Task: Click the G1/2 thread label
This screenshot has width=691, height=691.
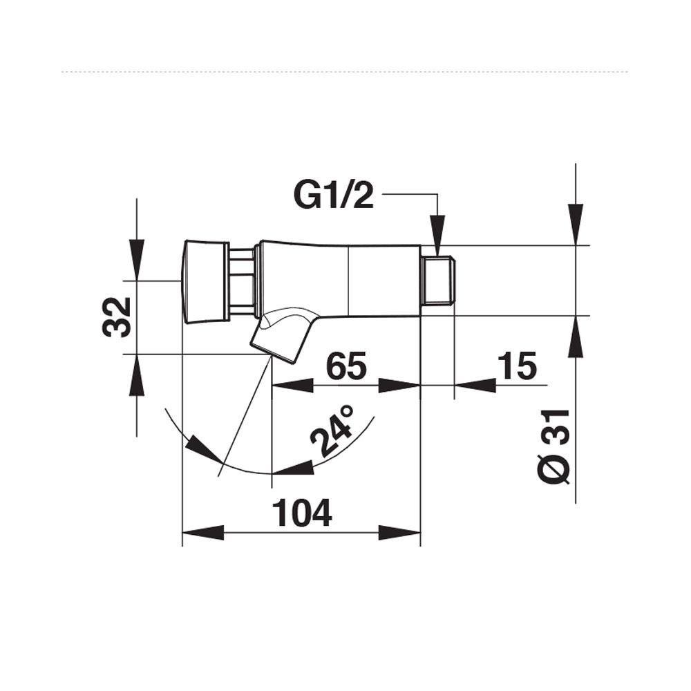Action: pos(334,196)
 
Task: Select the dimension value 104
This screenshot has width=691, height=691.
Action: pos(303,513)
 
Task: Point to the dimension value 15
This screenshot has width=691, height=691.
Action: pos(515,366)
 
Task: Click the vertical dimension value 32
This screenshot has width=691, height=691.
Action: pos(117,316)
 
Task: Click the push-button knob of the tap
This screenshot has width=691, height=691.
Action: pos(205,281)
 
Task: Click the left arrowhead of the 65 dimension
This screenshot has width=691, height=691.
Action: pos(293,386)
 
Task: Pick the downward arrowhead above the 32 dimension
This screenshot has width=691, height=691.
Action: pos(137,259)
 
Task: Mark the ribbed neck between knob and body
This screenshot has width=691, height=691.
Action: pos(242,281)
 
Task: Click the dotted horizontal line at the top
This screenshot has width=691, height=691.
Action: pos(345,71)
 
